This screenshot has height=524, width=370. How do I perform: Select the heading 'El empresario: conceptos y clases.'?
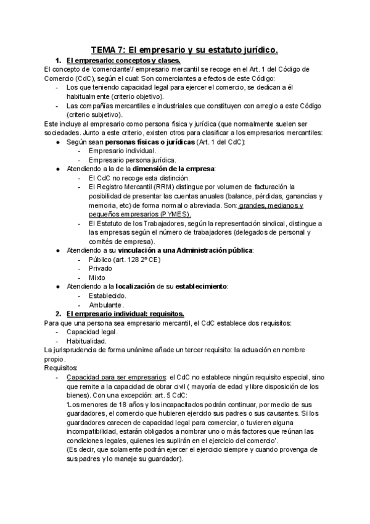pyautogui.click(x=123, y=60)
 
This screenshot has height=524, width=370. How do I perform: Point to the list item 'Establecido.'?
pyautogui.click(x=108, y=295)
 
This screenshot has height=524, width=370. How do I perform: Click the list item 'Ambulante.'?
pyautogui.click(x=106, y=305)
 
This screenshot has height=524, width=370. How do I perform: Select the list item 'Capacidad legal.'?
pyautogui.click(x=92, y=332)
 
